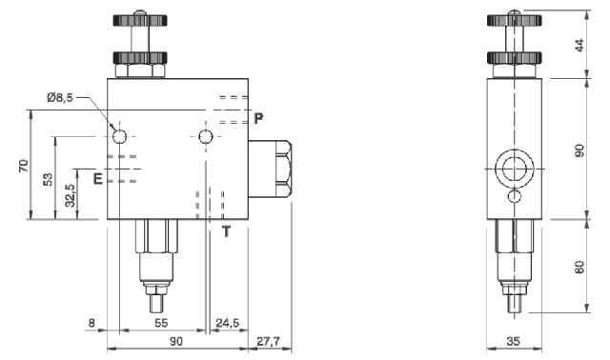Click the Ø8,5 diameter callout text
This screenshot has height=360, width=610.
62,96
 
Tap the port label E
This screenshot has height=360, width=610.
97,177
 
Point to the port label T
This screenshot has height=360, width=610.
226,230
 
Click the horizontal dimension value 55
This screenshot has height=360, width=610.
161,324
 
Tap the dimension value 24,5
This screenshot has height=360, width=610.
229,324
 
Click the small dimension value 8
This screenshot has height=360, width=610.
91,324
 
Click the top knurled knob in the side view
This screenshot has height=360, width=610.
515,21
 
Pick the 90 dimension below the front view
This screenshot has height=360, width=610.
175,339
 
